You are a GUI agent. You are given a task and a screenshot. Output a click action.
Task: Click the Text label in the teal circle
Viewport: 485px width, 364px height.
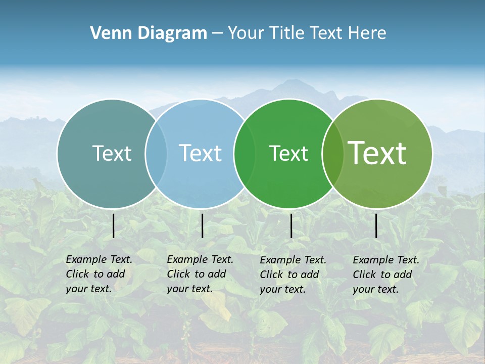pos(112,153)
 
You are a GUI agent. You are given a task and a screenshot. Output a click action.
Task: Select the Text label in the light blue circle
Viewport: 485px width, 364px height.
pos(201,153)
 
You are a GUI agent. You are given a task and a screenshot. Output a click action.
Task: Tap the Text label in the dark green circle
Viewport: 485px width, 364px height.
pos(288,153)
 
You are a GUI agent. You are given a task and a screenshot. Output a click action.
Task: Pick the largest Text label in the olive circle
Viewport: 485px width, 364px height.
pos(377,153)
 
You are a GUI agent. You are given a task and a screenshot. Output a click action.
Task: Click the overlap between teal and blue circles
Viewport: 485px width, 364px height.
pos(156,154)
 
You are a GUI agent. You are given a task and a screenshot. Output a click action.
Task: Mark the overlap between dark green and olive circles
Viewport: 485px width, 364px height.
pos(333,154)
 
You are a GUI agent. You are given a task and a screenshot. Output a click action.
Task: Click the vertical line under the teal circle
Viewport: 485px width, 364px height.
pos(114,225)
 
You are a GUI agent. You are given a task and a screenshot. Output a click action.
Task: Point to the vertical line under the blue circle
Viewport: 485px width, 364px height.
pos(202,225)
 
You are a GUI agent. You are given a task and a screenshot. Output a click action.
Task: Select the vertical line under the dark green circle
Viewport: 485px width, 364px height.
pos(291,225)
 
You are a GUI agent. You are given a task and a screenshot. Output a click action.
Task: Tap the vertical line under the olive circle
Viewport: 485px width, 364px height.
pos(376,225)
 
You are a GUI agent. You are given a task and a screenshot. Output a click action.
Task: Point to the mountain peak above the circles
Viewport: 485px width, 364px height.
pos(290,82)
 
